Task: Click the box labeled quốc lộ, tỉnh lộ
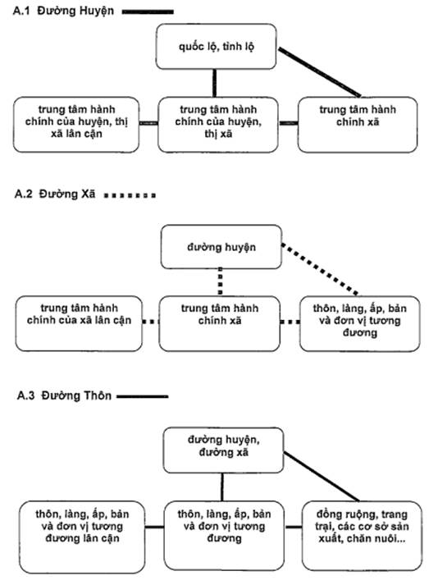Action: [216, 47]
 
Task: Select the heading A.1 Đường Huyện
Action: [63, 11]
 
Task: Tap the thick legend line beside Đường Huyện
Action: [148, 12]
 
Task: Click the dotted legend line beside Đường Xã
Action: [130, 195]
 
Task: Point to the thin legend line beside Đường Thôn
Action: [143, 396]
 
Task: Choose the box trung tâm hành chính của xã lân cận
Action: [79, 323]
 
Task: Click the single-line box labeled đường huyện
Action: [221, 247]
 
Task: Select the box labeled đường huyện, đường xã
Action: [223, 450]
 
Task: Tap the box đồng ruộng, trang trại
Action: [362, 536]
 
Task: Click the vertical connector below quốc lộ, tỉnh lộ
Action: [215, 83]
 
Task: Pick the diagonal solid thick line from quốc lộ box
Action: [319, 72]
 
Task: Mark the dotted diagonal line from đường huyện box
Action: [320, 269]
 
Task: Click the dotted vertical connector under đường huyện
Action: [220, 282]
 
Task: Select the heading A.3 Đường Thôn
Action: [64, 395]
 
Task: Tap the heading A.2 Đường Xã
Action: [55, 194]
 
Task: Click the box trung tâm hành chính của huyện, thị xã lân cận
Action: [76, 125]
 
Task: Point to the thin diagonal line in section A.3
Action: [322, 477]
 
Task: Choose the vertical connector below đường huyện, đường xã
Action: [222, 487]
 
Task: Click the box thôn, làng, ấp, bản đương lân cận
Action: [82, 537]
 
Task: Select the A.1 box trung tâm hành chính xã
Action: [358, 125]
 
